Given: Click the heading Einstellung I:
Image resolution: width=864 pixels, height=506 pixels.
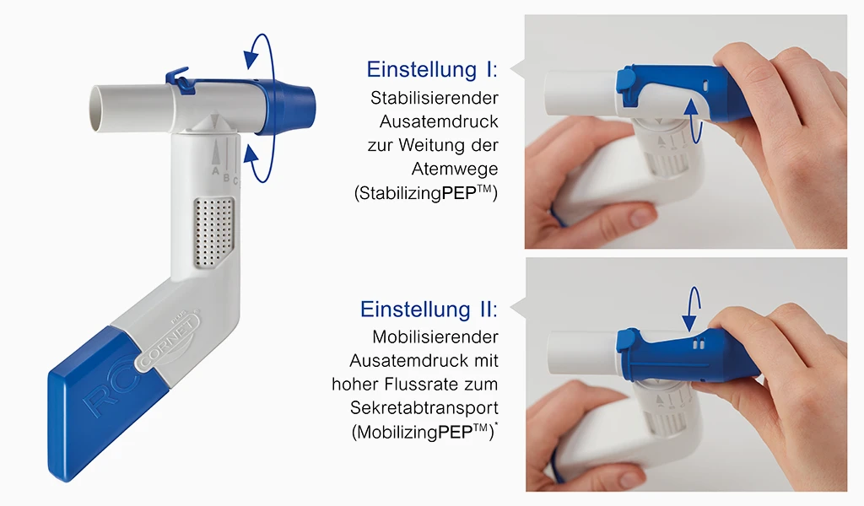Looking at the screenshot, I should point(432,69).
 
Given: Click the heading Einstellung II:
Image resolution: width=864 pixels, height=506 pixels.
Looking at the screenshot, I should point(429,309).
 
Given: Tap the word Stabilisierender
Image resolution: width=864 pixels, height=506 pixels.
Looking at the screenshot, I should point(435,98).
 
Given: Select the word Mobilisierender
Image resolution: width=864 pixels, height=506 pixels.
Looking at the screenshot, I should point(435,336).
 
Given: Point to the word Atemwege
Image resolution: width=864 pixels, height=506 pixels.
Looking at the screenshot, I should point(455,169).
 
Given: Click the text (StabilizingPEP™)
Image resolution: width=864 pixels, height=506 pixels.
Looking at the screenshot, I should point(426,193).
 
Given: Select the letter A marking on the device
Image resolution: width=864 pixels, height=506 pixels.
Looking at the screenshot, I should point(216,171).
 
